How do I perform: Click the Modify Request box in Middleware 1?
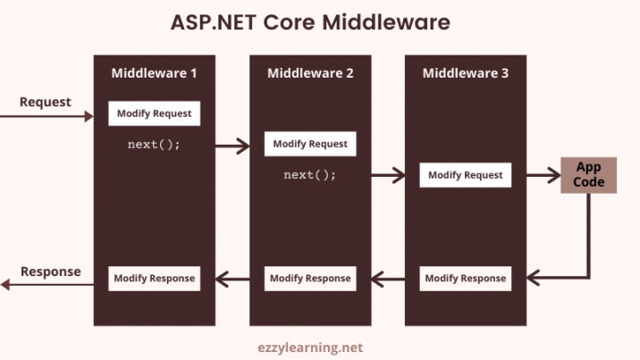155,113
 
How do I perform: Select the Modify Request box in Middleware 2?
310,144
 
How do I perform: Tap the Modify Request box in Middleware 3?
466,175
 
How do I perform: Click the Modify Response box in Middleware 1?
155,279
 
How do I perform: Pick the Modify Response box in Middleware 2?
310,279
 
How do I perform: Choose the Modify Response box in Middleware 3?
466,279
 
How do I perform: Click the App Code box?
588,175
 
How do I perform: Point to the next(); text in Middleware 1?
154,145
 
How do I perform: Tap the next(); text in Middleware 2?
310,175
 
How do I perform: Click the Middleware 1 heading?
154,73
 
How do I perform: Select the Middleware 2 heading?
310,73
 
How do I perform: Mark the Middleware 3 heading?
466,73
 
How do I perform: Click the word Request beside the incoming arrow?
46,102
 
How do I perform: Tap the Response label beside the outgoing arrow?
51,272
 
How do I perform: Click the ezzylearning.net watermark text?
310,347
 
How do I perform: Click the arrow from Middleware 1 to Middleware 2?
232,146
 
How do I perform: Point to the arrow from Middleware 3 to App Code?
543,175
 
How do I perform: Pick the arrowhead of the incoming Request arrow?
89,117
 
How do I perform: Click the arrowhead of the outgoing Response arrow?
4,285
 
